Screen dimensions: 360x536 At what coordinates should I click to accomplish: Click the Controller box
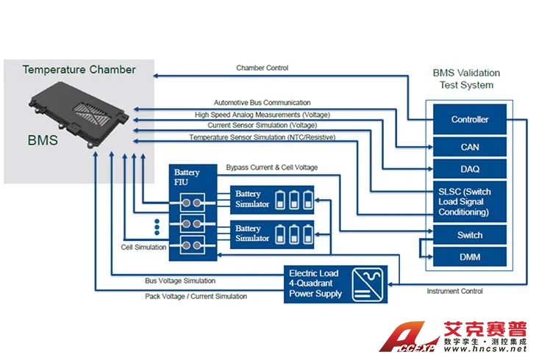click(469, 120)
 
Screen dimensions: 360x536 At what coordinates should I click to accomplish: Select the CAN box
click(469, 147)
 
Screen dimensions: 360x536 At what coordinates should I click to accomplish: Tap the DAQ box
click(469, 170)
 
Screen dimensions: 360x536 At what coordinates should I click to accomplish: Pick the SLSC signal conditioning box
click(469, 201)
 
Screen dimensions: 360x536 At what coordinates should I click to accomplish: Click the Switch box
click(469, 235)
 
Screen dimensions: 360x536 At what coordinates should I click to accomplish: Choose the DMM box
click(469, 256)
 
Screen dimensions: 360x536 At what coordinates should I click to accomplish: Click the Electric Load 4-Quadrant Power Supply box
click(315, 284)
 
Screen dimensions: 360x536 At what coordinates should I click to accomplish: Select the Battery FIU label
click(186, 177)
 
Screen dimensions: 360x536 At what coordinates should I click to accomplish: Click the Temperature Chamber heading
click(79, 70)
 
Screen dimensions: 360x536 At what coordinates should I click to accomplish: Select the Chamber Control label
click(262, 68)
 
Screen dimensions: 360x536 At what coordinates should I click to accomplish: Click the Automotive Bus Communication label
click(262, 103)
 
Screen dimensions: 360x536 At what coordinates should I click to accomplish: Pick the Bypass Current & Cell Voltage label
click(271, 168)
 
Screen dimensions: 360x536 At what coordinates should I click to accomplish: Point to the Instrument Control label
click(454, 292)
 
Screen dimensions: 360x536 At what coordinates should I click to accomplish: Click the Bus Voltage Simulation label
click(180, 281)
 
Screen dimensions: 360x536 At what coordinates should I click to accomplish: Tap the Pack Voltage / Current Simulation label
click(196, 296)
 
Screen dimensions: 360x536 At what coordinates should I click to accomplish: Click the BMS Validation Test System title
click(466, 79)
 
